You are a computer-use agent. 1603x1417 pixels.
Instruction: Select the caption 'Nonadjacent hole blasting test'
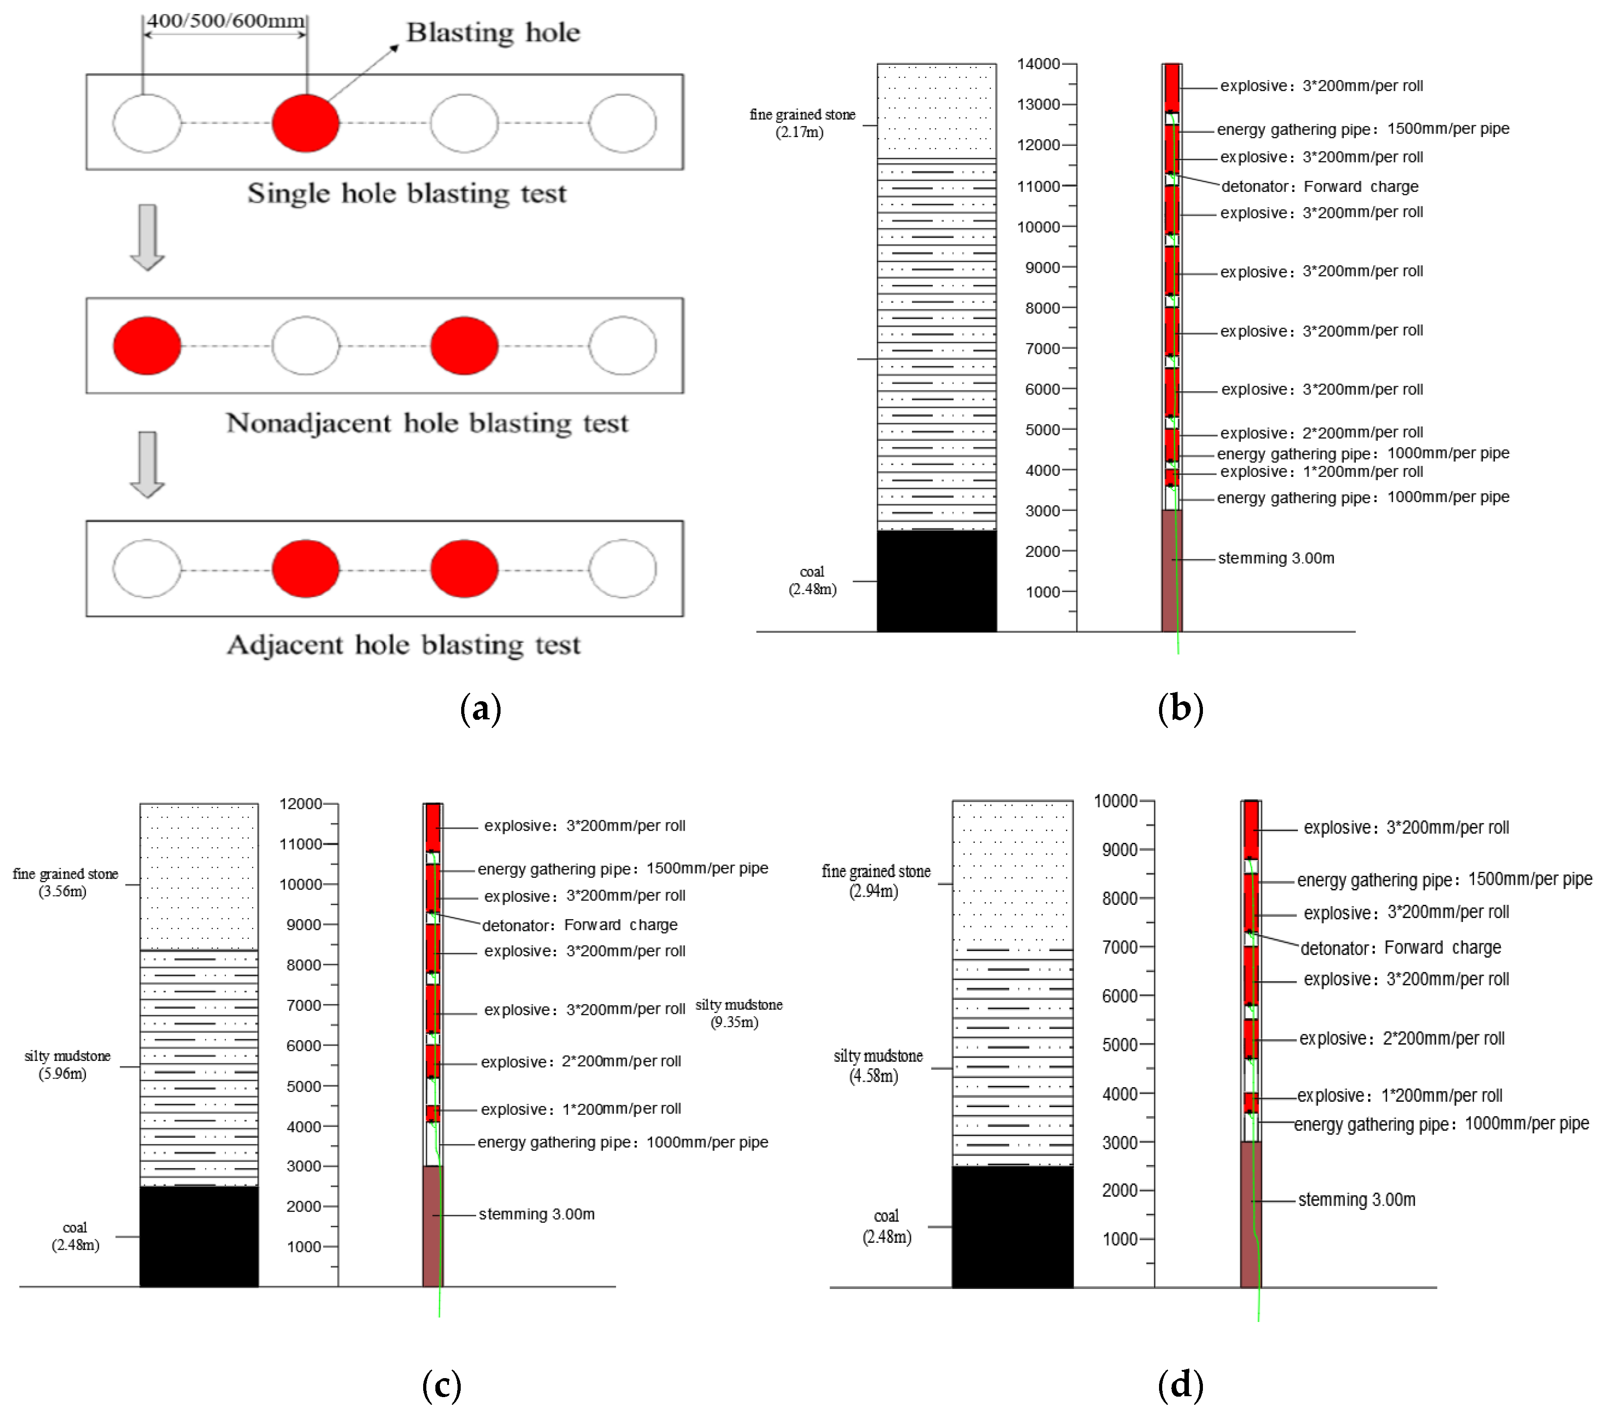click(x=427, y=423)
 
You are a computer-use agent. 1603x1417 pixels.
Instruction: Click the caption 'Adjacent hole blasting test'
click(x=403, y=645)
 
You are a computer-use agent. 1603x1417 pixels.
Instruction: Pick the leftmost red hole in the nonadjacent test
click(x=147, y=346)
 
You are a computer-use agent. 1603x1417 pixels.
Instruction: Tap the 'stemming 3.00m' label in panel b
click(x=1275, y=558)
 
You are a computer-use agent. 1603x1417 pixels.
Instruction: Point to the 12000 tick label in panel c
click(x=301, y=804)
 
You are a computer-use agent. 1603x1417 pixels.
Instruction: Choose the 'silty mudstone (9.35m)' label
click(x=738, y=1013)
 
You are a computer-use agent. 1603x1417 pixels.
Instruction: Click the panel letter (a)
click(x=480, y=708)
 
